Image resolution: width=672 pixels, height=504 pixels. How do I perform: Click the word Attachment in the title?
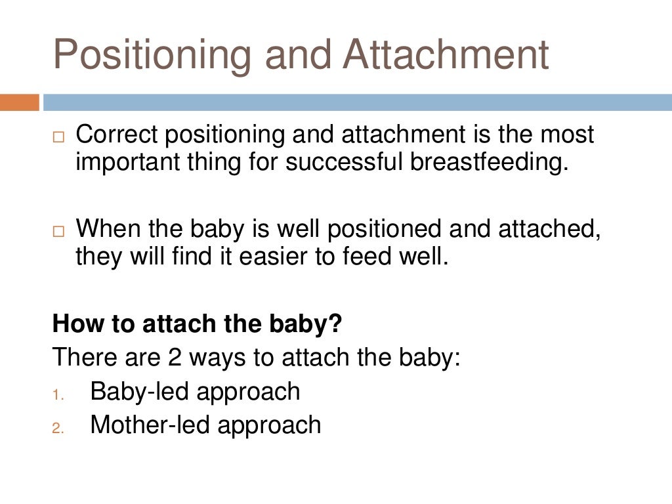click(x=446, y=55)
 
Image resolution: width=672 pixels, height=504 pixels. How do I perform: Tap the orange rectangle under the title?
click(x=20, y=102)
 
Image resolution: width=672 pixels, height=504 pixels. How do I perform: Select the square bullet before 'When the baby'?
click(x=59, y=232)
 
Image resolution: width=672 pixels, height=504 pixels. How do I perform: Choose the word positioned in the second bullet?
click(x=384, y=230)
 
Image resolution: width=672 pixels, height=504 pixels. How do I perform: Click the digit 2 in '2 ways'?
click(x=155, y=358)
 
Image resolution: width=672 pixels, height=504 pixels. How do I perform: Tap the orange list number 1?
click(x=58, y=394)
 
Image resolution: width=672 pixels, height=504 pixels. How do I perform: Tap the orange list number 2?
click(x=58, y=428)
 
